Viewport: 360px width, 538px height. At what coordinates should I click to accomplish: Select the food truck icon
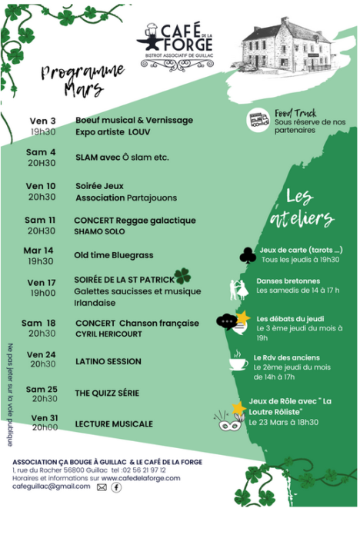pyautogui.click(x=258, y=120)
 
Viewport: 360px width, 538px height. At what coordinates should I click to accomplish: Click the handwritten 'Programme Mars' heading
pyautogui.click(x=82, y=80)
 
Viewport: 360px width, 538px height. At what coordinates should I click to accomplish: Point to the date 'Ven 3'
pyautogui.click(x=42, y=121)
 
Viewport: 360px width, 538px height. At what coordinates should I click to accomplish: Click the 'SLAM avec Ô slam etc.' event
pyautogui.click(x=122, y=158)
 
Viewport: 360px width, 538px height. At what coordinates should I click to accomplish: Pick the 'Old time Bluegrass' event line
pyautogui.click(x=114, y=255)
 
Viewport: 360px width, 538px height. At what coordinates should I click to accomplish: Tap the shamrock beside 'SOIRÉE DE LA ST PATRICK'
pyautogui.click(x=182, y=276)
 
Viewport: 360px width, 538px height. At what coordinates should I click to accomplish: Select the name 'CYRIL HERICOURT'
pyautogui.click(x=108, y=334)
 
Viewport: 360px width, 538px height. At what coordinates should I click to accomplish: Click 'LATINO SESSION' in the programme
pyautogui.click(x=108, y=361)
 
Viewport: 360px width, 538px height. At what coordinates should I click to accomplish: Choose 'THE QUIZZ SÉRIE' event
pyautogui.click(x=107, y=394)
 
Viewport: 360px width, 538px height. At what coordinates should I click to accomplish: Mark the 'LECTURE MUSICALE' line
pyautogui.click(x=114, y=424)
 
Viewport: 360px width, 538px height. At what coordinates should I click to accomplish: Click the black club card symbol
pyautogui.click(x=248, y=256)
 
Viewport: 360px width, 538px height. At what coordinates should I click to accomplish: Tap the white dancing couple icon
pyautogui.click(x=238, y=290)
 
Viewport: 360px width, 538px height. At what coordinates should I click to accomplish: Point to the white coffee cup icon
pyautogui.click(x=238, y=360)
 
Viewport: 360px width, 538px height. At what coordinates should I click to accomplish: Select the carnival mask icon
pyautogui.click(x=230, y=421)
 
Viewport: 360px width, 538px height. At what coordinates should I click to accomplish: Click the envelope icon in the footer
pyautogui.click(x=102, y=487)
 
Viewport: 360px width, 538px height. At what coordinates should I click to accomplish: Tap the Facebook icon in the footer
pyautogui.click(x=116, y=487)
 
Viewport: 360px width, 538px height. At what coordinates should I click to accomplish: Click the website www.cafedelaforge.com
pyautogui.click(x=141, y=478)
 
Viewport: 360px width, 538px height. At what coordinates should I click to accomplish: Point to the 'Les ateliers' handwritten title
pyautogui.click(x=302, y=208)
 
